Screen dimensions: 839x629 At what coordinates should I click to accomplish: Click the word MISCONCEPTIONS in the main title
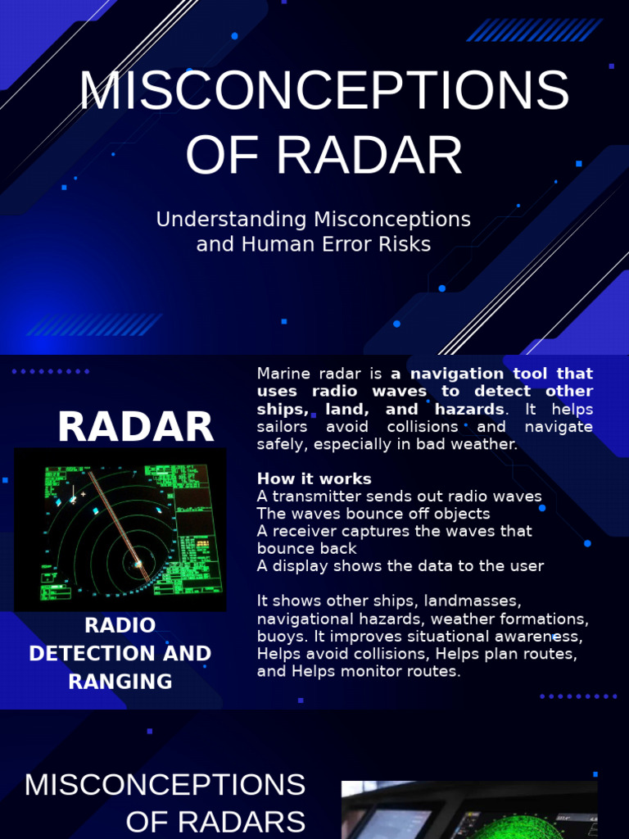324,91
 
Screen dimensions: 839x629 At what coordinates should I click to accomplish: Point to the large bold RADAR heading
135,427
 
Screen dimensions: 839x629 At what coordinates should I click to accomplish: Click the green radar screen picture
120,529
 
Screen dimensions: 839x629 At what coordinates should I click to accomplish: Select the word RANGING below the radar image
120,682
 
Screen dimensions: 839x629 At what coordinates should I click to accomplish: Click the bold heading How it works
314,478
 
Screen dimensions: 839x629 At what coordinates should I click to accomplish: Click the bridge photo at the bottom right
468,810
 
